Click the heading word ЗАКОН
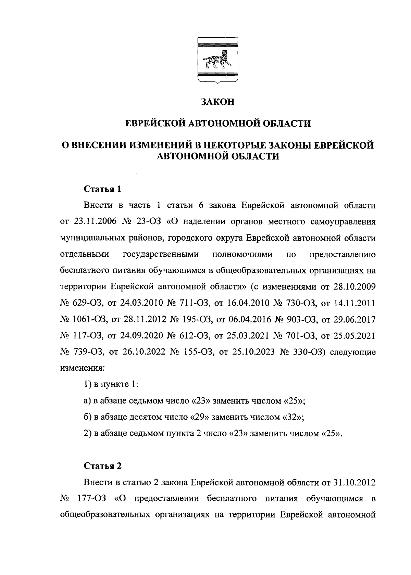(x=217, y=102)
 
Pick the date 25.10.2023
(x=252, y=353)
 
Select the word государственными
(x=161, y=255)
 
